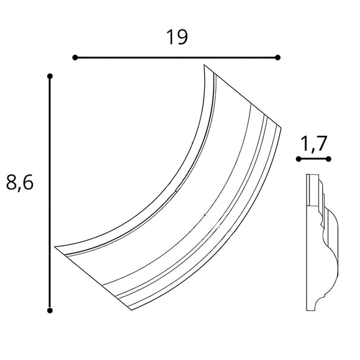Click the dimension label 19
point(177,38)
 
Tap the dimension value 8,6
point(19,182)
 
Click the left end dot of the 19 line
point(75,58)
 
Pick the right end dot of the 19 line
point(277,58)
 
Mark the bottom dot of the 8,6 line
point(50,310)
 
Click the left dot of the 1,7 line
point(299,160)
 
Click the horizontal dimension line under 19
point(176,58)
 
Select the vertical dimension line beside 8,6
point(50,193)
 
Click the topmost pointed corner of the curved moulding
point(204,66)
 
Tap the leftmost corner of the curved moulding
point(55,247)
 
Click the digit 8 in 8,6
point(11,182)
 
